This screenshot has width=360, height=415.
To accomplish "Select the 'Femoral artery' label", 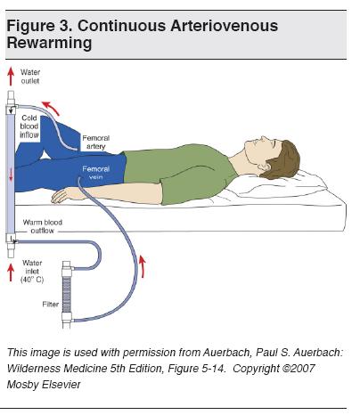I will click(95, 142).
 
